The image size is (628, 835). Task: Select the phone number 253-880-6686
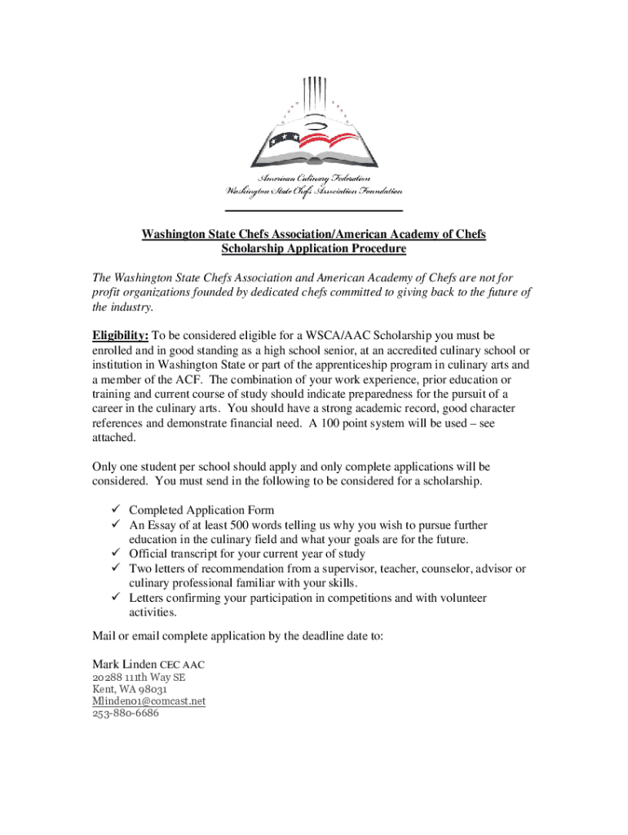point(126,713)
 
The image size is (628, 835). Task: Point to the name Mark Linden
point(124,665)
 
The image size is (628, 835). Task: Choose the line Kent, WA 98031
point(130,689)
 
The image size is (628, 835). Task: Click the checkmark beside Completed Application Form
point(117,510)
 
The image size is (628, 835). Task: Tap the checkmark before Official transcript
point(117,554)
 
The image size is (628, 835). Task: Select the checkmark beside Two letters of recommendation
point(117,568)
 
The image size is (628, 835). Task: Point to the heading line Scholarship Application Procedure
point(313,249)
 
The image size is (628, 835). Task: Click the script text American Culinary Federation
point(314,179)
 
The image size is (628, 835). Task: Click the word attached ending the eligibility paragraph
point(114,437)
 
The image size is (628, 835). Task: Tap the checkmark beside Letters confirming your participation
point(117,598)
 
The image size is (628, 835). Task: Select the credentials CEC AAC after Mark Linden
point(181,665)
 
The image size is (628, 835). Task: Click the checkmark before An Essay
point(117,525)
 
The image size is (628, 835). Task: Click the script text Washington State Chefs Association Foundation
point(314,192)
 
